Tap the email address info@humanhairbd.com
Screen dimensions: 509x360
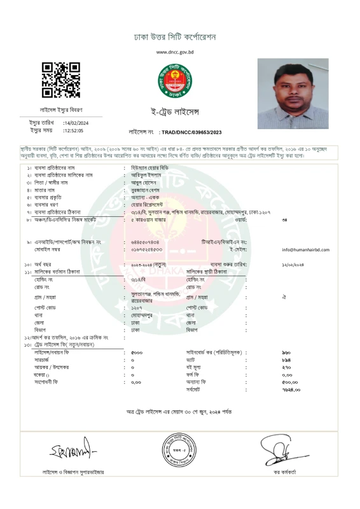[x=305, y=250]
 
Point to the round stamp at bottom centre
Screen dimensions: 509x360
[x=179, y=449]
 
